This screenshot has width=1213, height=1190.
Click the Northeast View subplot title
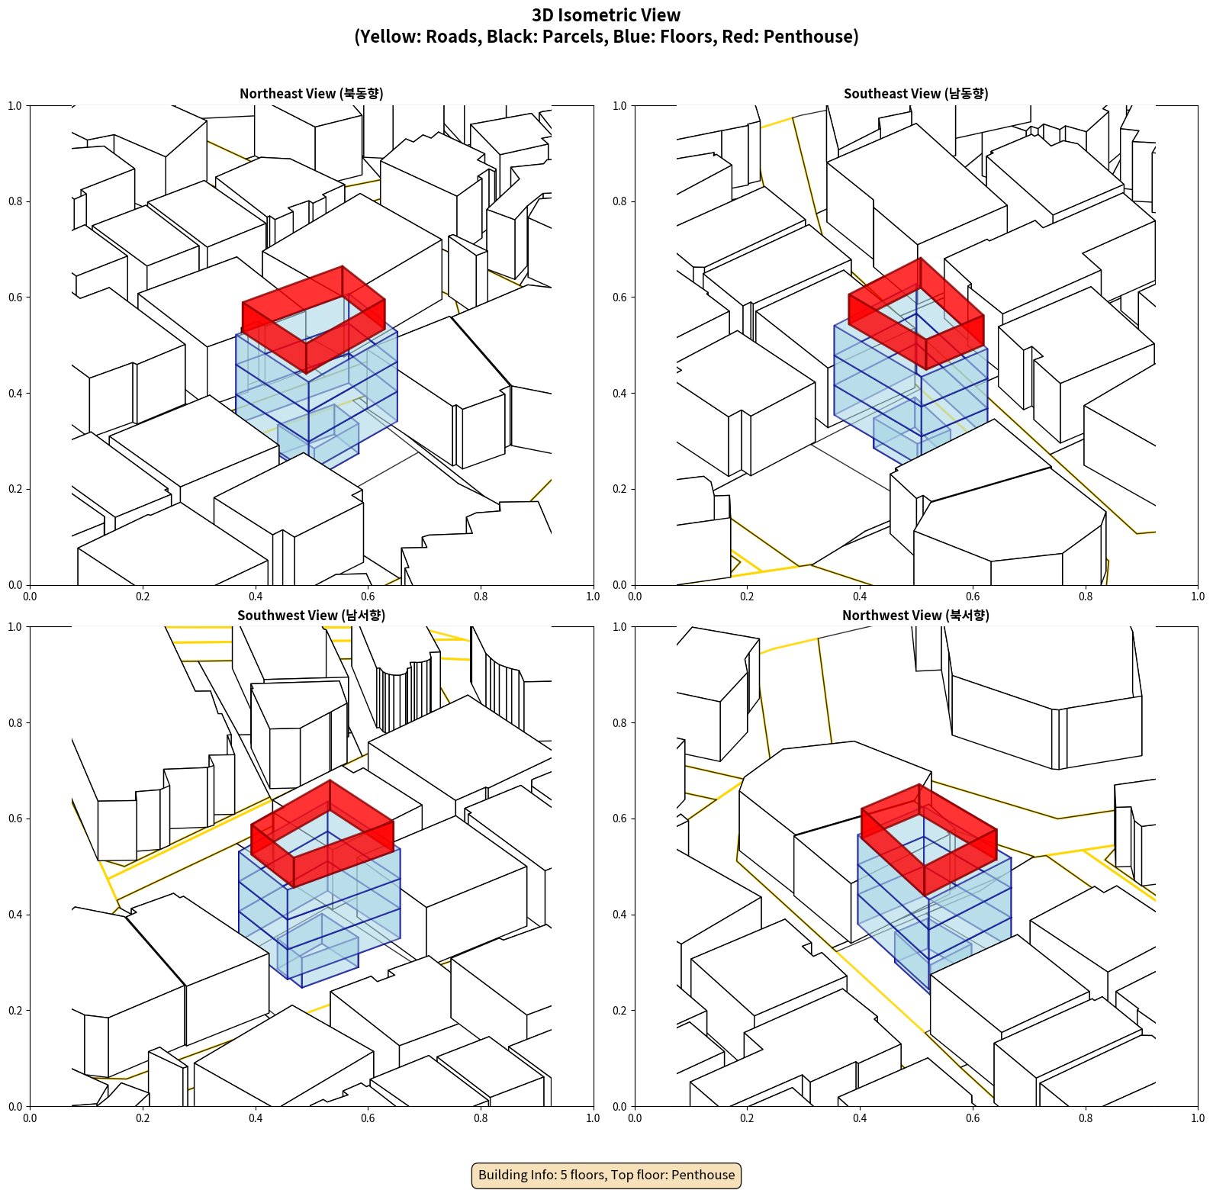pyautogui.click(x=311, y=94)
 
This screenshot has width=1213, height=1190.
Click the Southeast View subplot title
pyautogui.click(x=915, y=94)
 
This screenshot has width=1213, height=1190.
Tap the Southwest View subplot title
pyautogui.click(x=311, y=616)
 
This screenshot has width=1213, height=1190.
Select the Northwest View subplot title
pyautogui.click(x=915, y=616)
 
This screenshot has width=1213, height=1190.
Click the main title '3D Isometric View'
pyautogui.click(x=606, y=15)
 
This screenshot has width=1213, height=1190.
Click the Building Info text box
pyautogui.click(x=606, y=1175)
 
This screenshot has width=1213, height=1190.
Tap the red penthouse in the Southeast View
pyautogui.click(x=916, y=314)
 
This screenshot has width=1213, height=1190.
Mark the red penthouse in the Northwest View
pyautogui.click(x=928, y=839)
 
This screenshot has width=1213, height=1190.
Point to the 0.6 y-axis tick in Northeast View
pyautogui.click(x=15, y=297)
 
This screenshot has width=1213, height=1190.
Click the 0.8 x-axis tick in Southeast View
pyautogui.click(x=1086, y=597)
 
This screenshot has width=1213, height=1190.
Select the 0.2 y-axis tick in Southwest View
pyautogui.click(x=15, y=1011)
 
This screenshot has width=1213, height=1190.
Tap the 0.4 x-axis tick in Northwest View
pyautogui.click(x=860, y=1118)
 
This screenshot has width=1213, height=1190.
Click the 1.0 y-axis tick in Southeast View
pyautogui.click(x=619, y=106)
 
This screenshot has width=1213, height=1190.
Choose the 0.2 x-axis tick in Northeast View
pyautogui.click(x=143, y=597)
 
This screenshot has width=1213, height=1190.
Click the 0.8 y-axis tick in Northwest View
pyautogui.click(x=619, y=723)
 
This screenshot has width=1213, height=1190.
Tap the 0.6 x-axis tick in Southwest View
pyautogui.click(x=368, y=1118)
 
